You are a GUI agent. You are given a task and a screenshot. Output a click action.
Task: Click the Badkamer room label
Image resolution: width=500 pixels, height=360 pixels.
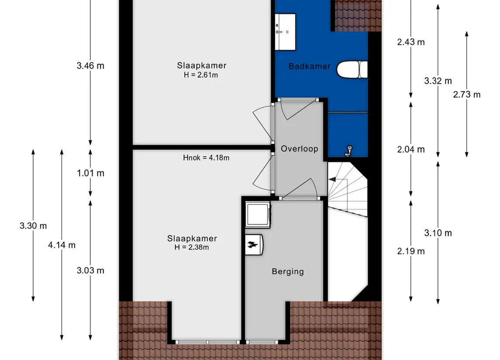310,66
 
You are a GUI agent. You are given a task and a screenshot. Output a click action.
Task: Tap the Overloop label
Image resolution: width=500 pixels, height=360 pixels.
299,148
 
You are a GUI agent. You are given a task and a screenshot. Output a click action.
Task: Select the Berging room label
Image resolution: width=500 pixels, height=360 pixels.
287,271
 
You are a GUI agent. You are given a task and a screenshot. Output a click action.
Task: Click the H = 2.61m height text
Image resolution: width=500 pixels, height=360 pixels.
201,75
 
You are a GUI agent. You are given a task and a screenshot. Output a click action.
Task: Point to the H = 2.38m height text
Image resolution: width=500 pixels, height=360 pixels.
192,247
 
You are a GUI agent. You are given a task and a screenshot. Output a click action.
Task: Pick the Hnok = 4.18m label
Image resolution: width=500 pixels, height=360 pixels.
206,158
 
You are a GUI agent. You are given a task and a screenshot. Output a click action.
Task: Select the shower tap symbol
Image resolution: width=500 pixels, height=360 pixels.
348,150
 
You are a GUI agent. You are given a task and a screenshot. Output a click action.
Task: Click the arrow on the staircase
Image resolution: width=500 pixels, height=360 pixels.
332,179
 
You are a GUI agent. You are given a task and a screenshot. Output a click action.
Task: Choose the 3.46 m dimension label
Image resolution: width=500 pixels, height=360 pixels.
90,66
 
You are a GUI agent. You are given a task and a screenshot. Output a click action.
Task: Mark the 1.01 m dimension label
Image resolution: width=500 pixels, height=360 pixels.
90,173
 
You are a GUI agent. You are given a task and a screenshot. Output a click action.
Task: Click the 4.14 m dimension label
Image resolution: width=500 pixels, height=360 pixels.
62,245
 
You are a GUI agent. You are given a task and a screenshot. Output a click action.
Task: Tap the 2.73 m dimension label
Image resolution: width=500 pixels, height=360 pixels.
466,94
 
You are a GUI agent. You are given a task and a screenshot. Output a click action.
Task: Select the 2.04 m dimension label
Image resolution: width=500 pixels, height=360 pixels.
410,149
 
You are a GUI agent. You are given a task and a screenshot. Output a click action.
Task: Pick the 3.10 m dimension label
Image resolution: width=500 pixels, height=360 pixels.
438,233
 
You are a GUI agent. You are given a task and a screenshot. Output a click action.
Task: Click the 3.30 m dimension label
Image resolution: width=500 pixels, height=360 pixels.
33,226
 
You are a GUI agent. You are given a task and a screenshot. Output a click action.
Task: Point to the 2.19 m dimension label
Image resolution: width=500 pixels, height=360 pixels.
410,251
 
